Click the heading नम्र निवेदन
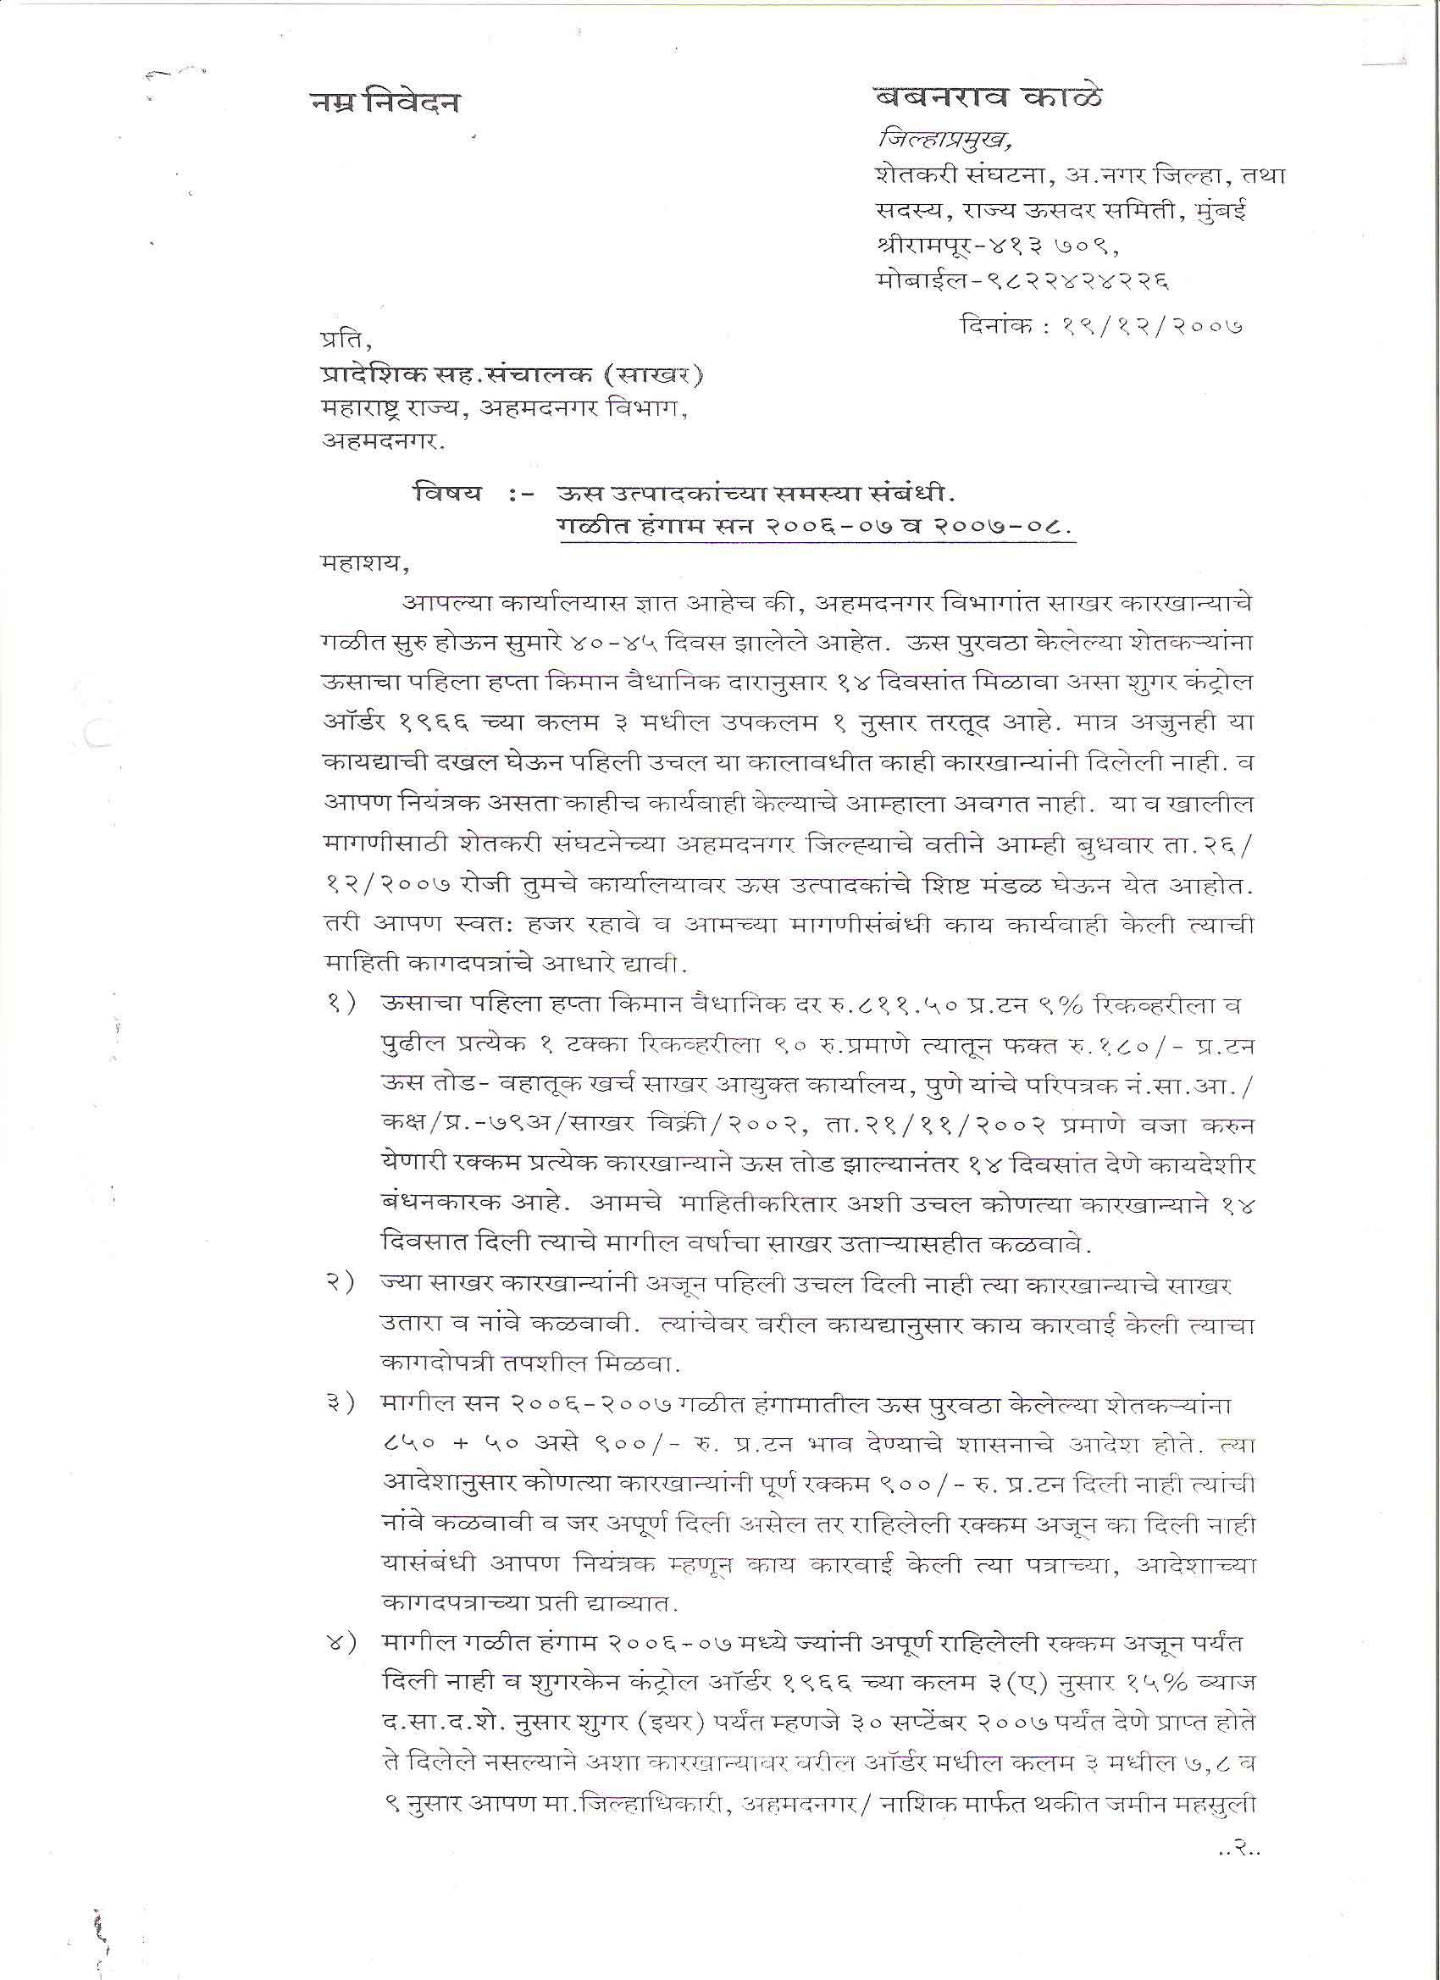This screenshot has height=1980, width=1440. [x=385, y=103]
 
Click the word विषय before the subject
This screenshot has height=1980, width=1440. [x=448, y=493]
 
